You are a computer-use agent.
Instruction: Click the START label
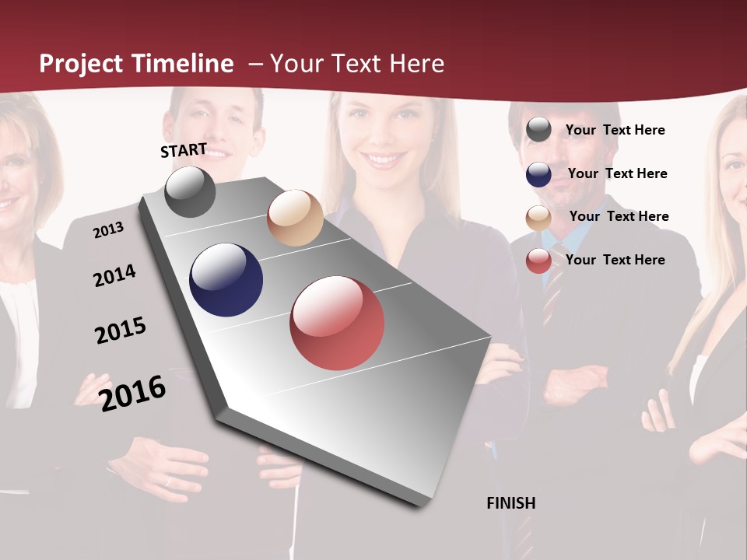[184, 150]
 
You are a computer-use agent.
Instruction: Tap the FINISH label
[510, 503]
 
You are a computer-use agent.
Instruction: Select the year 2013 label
[108, 229]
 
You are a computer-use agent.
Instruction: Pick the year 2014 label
[114, 275]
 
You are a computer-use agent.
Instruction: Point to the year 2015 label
[121, 331]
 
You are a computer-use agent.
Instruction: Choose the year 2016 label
[133, 393]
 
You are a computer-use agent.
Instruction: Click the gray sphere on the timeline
[190, 191]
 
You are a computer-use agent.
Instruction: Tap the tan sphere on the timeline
[295, 218]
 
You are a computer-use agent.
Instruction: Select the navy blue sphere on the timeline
[226, 280]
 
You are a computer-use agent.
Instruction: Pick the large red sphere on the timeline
[337, 322]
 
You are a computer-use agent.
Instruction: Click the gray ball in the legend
[538, 130]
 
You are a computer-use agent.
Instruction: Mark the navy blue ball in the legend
[538, 174]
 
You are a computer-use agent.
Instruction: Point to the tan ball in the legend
[538, 218]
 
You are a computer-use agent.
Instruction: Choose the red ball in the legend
[538, 261]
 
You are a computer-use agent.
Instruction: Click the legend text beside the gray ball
[615, 130]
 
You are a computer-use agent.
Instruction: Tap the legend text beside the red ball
[615, 260]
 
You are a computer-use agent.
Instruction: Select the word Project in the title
[82, 64]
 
